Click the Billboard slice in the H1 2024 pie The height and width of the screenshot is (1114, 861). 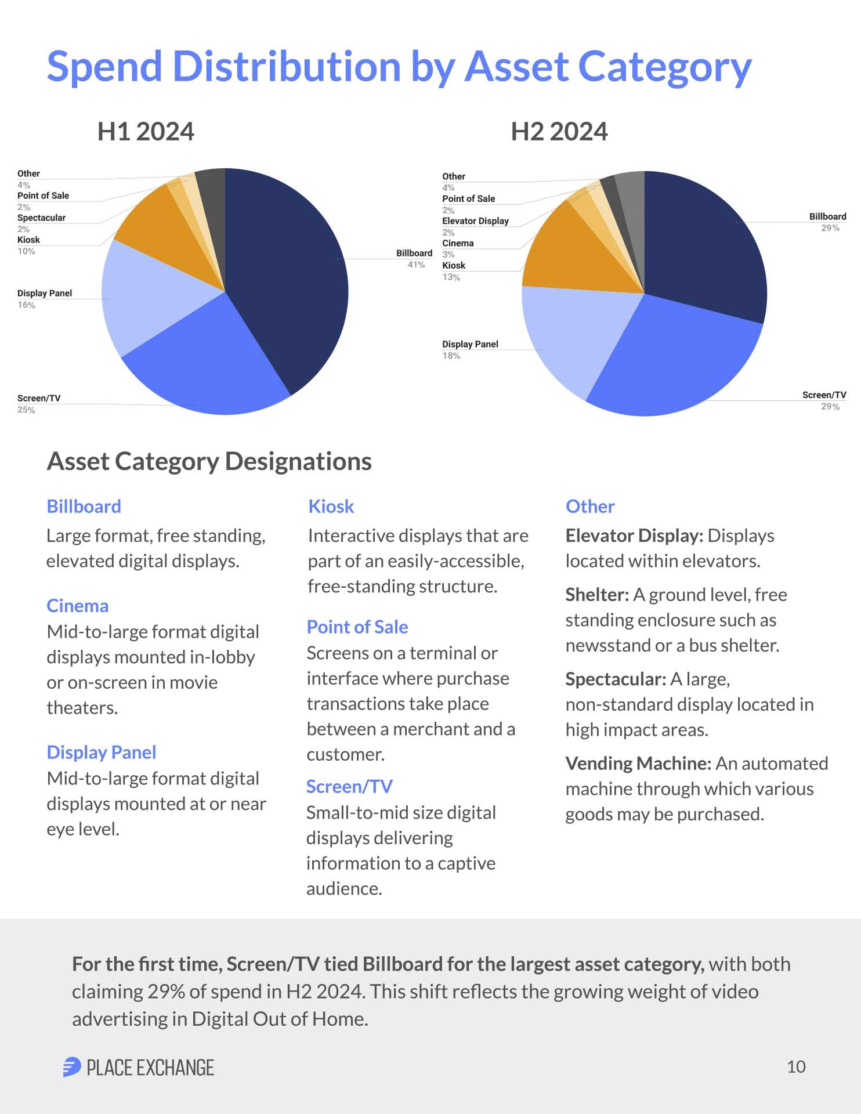point(284,273)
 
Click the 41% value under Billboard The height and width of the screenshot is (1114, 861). point(416,265)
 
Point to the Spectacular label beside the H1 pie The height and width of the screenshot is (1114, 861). point(41,218)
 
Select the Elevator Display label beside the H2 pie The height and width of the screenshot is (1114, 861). point(475,221)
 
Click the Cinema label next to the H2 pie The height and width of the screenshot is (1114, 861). point(458,244)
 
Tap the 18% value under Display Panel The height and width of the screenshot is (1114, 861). point(451,356)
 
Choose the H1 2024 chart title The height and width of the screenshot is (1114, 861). point(146,132)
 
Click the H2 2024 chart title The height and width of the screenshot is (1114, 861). point(559,132)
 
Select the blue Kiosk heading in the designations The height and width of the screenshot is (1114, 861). point(331,507)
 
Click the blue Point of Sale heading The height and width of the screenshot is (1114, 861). point(357,627)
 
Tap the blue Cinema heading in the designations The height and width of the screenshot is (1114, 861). point(77,606)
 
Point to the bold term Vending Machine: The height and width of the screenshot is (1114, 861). point(638,764)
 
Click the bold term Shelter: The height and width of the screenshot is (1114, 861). point(597,595)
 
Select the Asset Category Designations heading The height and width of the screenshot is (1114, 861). point(209,462)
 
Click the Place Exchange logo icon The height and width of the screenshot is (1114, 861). point(72,1067)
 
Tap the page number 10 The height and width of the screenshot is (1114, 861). point(796,1067)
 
